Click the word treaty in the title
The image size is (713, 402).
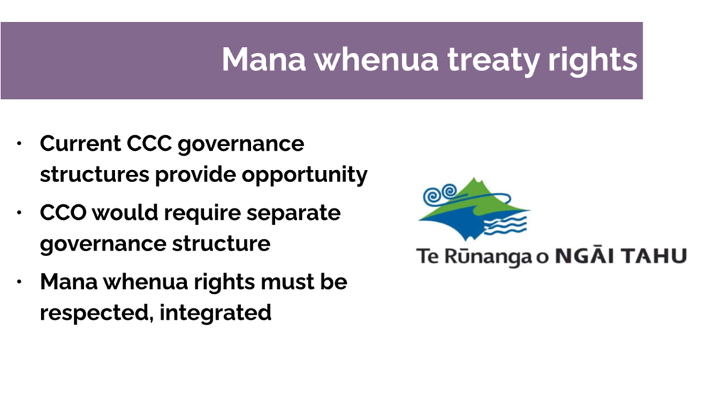[x=495, y=60]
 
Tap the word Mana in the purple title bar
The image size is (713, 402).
[x=264, y=59]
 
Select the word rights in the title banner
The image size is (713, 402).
[x=593, y=60]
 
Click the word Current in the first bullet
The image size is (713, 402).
[x=80, y=144]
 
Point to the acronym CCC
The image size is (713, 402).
[x=149, y=144]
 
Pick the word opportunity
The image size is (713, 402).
[x=305, y=175]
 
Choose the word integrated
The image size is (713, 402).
[x=215, y=314]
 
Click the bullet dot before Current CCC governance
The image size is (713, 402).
[x=19, y=144]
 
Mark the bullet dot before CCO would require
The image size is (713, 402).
[x=19, y=213]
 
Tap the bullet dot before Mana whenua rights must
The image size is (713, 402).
[x=19, y=282]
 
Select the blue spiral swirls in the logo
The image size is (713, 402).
[x=440, y=194]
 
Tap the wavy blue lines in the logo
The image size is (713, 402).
[x=505, y=225]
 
